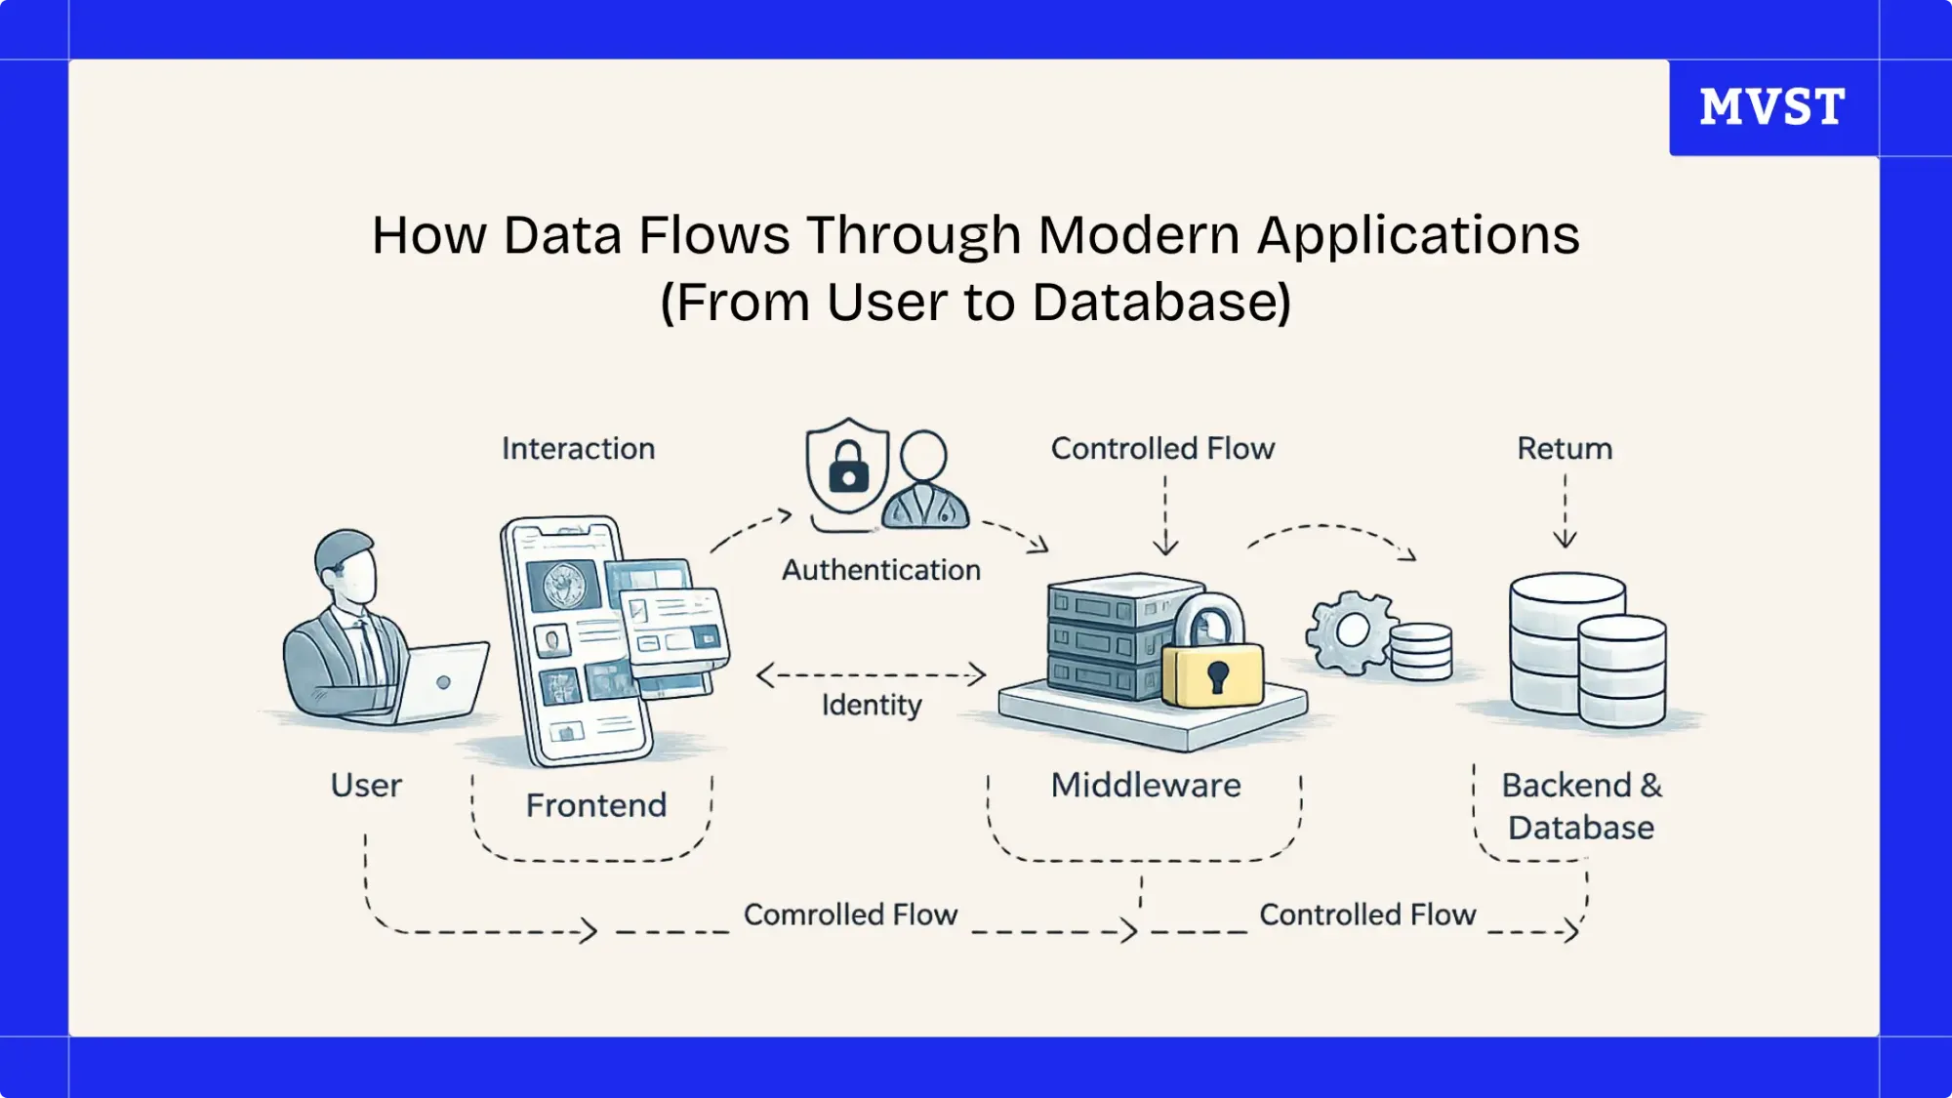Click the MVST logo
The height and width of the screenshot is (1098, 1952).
click(1771, 106)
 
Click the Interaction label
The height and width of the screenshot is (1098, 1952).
click(578, 449)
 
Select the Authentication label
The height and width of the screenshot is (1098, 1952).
click(880, 570)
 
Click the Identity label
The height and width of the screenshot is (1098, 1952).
click(871, 705)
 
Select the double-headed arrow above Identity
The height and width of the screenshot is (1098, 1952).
click(871, 674)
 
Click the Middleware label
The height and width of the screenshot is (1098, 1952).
click(1145, 786)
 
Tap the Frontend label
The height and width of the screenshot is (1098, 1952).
click(595, 806)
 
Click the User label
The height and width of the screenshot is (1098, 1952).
click(366, 786)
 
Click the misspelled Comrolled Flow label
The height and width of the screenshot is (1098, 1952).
click(850, 915)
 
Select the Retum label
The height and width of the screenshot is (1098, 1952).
click(1564, 449)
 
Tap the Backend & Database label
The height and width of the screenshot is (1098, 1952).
click(1580, 806)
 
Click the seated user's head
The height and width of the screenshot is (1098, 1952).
click(346, 566)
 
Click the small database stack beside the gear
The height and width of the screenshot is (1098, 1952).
click(1421, 651)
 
